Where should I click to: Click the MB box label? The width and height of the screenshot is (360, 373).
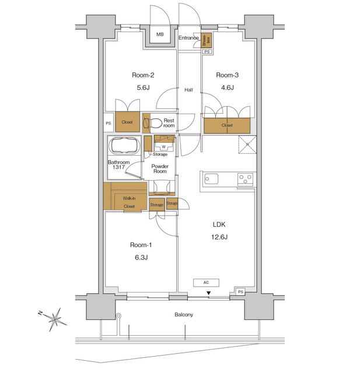[160, 35]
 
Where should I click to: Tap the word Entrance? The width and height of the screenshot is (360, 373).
[189, 38]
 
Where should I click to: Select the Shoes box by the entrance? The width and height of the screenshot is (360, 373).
[205, 40]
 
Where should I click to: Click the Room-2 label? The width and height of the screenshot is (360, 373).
[143, 75]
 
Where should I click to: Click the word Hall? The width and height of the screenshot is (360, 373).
[189, 90]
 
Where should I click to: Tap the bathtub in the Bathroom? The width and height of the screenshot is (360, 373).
[124, 145]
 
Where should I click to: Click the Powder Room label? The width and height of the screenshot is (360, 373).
[160, 170]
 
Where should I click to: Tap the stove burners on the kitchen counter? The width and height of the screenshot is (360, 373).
[245, 179]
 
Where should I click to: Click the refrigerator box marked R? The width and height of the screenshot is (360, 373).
[247, 145]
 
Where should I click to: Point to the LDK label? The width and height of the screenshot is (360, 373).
[219, 224]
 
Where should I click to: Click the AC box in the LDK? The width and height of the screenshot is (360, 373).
[207, 283]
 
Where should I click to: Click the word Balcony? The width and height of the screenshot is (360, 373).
[184, 315]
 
